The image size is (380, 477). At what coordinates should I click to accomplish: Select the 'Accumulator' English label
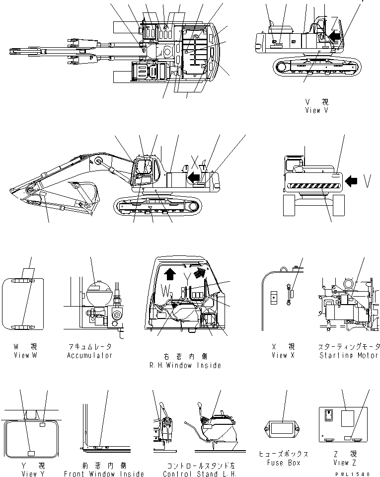(x=90, y=355)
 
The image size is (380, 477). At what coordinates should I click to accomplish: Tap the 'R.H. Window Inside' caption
(x=185, y=365)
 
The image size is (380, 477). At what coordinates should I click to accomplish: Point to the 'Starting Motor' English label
(x=350, y=355)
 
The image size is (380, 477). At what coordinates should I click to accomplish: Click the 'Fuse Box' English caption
(x=283, y=463)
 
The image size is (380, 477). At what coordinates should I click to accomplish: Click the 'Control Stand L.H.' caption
(x=201, y=474)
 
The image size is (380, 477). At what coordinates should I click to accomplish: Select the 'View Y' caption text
(x=26, y=474)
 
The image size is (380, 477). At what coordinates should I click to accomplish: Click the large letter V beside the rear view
(x=368, y=182)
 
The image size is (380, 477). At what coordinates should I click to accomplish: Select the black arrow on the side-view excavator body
(x=194, y=176)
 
